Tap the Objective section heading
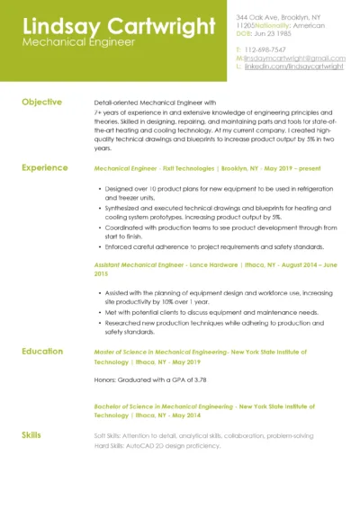pos(41,103)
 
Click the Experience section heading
pos(44,167)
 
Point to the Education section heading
pos(42,352)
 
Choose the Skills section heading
pos(31,435)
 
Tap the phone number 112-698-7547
pos(265,49)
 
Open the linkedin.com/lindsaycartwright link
pos(293,66)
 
